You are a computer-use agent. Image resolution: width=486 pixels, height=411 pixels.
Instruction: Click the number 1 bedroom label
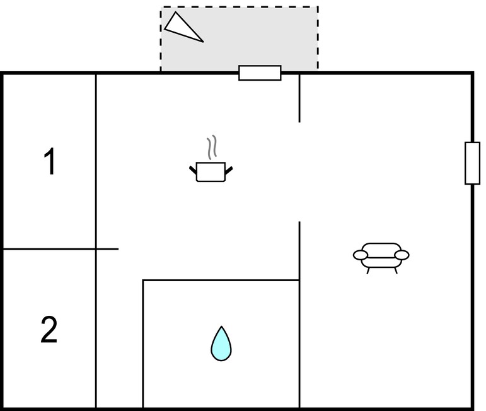(x=50, y=161)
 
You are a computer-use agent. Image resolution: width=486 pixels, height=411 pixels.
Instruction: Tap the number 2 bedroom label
(x=49, y=329)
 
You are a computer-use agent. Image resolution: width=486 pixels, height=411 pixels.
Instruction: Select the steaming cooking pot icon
(x=211, y=159)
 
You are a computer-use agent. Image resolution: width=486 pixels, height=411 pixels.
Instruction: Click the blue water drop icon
(x=221, y=344)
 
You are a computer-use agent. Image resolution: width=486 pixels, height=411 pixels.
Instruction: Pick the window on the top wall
(x=260, y=73)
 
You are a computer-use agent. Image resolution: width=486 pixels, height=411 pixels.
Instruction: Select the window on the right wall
(x=472, y=163)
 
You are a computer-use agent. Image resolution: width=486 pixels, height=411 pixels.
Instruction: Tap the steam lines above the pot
(x=212, y=148)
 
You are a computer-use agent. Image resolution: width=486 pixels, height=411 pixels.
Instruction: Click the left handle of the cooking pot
(x=193, y=170)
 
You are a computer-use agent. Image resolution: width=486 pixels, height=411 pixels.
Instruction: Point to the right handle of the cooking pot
(x=229, y=170)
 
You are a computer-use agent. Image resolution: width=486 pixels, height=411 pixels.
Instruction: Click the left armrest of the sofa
(x=361, y=255)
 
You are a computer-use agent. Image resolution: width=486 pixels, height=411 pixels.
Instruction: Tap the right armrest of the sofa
(x=402, y=255)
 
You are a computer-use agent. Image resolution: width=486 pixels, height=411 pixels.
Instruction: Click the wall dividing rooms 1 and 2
(x=61, y=249)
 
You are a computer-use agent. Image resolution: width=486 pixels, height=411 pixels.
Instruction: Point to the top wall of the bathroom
(x=221, y=281)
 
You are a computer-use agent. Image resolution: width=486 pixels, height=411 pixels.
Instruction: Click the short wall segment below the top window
(x=299, y=98)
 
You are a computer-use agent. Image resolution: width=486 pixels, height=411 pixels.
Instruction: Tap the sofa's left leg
(x=368, y=270)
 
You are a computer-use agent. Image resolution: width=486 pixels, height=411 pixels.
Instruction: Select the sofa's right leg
(x=396, y=270)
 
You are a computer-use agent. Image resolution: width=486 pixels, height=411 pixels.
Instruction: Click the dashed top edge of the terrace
(x=240, y=6)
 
